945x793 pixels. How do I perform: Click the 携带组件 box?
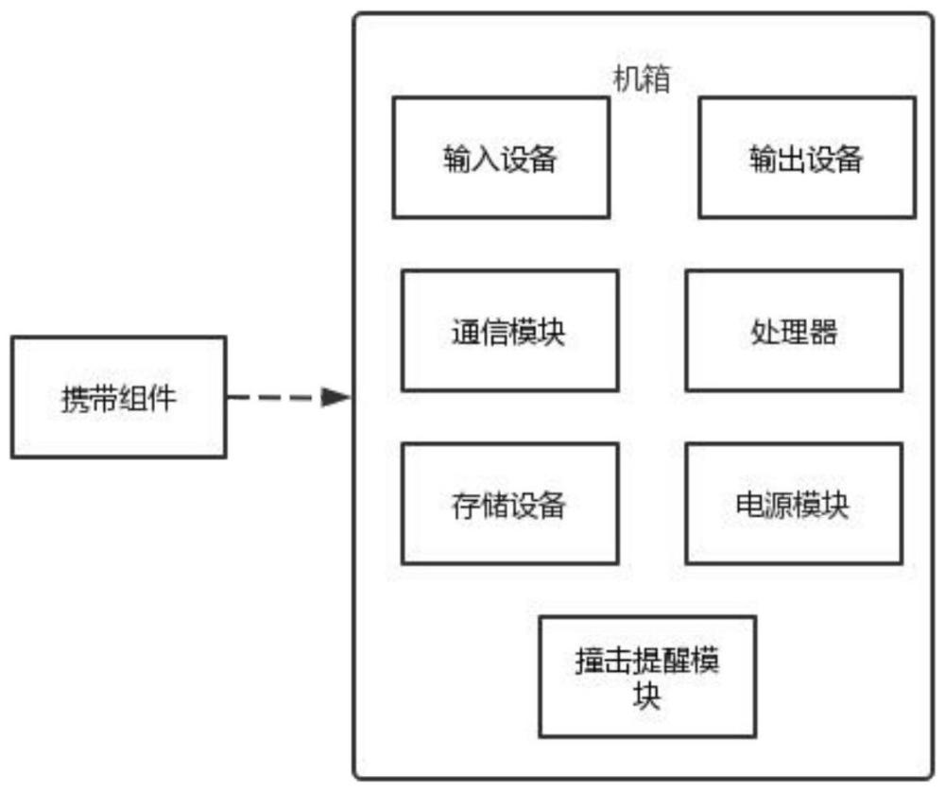(119, 397)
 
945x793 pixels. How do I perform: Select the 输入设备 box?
(501, 157)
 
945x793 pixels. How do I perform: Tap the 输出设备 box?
(807, 157)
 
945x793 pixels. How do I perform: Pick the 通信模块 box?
(510, 331)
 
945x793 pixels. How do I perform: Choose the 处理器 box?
(794, 331)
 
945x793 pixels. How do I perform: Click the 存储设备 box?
(510, 504)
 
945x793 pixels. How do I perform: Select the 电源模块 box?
(794, 504)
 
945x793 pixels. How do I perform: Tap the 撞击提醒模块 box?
(647, 677)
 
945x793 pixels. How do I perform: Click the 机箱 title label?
(642, 79)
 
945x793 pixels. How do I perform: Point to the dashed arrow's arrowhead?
(335, 397)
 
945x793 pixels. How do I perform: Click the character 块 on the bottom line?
(646, 696)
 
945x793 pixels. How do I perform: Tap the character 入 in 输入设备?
(486, 159)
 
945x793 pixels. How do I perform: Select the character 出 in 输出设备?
(792, 159)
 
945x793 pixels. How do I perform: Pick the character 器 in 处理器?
(823, 332)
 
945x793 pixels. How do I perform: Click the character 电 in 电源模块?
(750, 505)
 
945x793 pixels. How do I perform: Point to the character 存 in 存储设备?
(466, 505)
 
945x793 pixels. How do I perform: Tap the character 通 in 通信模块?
(466, 332)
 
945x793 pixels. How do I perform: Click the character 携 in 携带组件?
(76, 399)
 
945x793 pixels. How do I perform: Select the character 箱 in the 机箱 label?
(657, 79)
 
